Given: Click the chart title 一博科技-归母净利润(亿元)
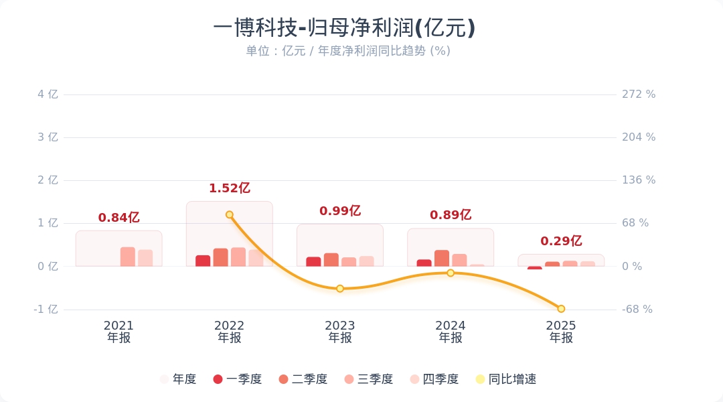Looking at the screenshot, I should (x=344, y=28).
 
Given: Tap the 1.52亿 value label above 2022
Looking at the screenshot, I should (x=229, y=188).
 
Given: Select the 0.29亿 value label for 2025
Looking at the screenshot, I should (x=561, y=241).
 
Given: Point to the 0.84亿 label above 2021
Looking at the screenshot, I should (x=118, y=218).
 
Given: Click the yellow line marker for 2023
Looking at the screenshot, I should (x=340, y=289).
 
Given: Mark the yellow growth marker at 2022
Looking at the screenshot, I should (x=230, y=215).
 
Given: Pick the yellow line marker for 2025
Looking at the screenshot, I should (x=561, y=309).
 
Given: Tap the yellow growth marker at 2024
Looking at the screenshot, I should (x=451, y=273).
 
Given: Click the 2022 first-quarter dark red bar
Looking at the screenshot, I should (x=203, y=261).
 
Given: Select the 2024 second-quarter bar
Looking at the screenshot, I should (x=442, y=258).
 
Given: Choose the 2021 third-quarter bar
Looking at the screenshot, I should (x=128, y=257).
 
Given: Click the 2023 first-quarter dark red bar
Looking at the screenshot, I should (x=313, y=261).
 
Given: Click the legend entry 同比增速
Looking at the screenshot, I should (x=505, y=379).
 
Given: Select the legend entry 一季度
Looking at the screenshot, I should (x=237, y=379).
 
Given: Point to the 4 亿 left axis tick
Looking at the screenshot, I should (x=48, y=94).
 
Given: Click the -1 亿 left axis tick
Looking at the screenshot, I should (x=46, y=310).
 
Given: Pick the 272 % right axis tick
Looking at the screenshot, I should (x=639, y=94).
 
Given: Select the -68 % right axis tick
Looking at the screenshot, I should (x=637, y=310).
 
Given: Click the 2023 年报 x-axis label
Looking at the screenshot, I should (x=340, y=332).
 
